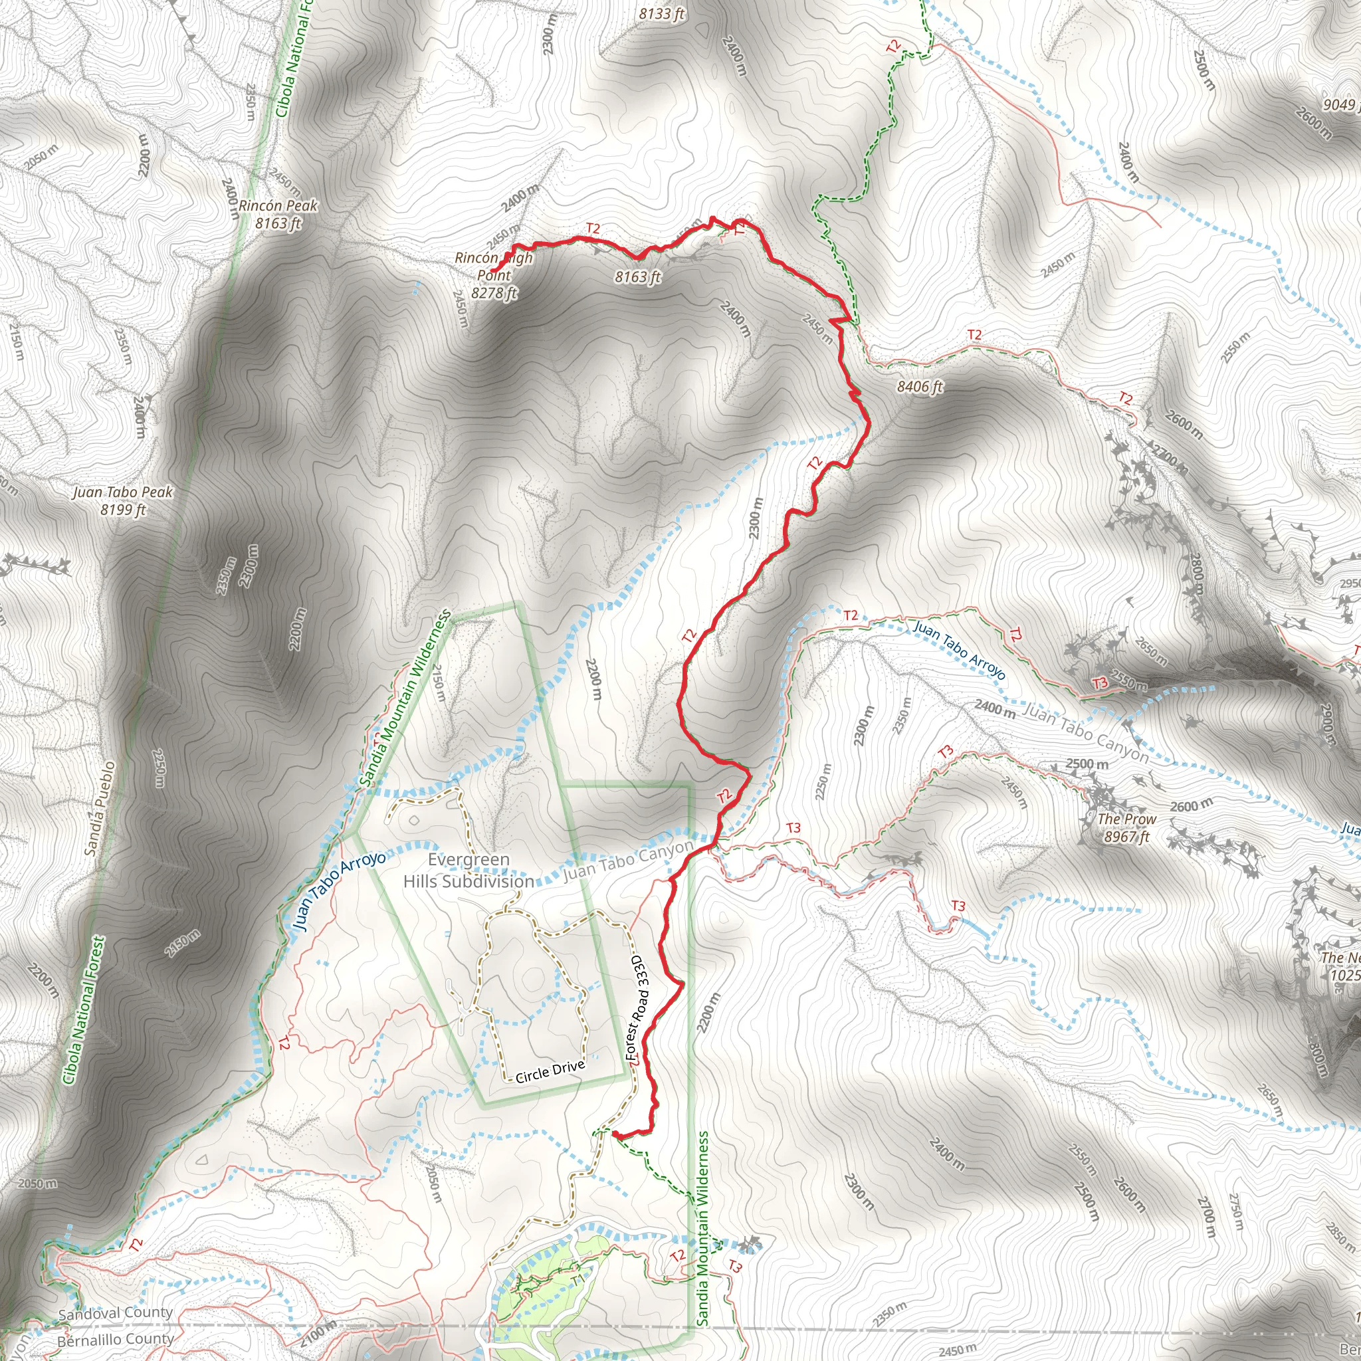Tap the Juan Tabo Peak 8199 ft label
coord(122,500)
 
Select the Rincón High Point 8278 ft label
coord(494,275)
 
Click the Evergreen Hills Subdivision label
coord(469,871)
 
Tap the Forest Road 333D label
coord(635,1008)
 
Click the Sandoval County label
coord(116,1314)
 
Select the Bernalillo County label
coord(116,1339)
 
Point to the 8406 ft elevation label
coord(919,386)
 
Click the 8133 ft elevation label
coord(661,13)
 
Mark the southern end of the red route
coord(614,1134)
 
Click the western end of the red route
coord(491,271)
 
